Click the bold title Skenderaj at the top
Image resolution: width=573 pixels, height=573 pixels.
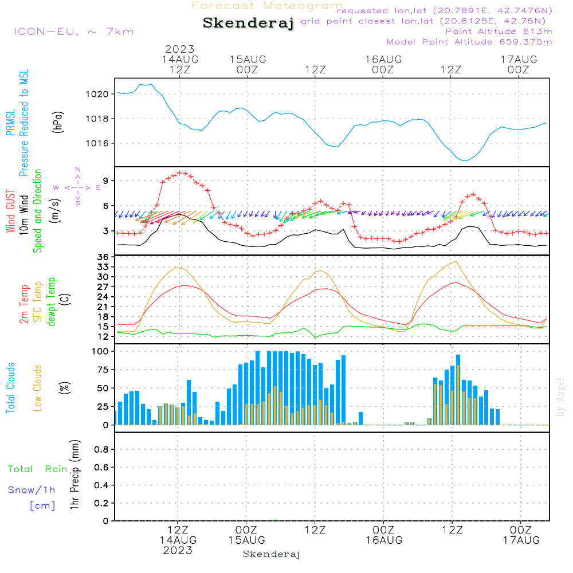click(248, 23)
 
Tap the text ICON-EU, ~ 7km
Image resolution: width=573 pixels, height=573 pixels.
click(73, 32)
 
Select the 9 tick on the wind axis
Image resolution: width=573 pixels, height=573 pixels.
click(106, 181)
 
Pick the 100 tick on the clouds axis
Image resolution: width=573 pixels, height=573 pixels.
click(101, 351)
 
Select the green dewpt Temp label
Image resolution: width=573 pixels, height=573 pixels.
click(52, 301)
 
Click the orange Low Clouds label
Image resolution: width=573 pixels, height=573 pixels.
click(38, 388)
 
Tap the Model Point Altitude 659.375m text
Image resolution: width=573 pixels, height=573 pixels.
click(469, 42)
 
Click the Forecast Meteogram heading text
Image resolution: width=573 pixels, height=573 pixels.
click(267, 6)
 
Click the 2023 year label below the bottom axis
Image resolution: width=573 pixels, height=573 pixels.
click(178, 551)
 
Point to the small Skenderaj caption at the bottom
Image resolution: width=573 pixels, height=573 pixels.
click(272, 554)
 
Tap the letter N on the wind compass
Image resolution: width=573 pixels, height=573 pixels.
click(78, 170)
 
